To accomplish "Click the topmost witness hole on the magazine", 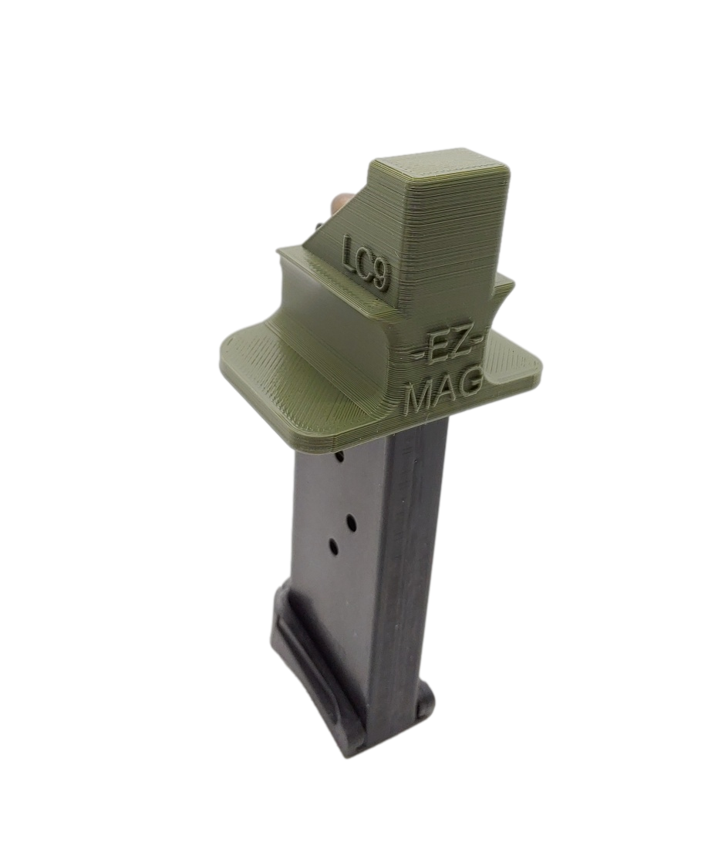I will click(x=340, y=458).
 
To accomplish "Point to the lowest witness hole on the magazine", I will click(x=335, y=546).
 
